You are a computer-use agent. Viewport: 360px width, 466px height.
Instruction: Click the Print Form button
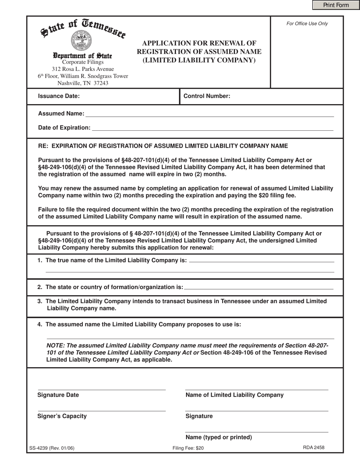click(x=336, y=5)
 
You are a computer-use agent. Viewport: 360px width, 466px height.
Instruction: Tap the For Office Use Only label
click(x=307, y=23)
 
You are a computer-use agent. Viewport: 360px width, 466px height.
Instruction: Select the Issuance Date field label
click(x=59, y=96)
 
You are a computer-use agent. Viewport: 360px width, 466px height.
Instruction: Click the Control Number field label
click(x=207, y=96)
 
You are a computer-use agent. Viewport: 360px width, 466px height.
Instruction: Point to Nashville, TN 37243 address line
click(x=83, y=83)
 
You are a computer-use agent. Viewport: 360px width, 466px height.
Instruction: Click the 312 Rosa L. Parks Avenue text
click(x=83, y=69)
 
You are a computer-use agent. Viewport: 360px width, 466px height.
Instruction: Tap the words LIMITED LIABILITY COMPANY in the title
click(x=199, y=60)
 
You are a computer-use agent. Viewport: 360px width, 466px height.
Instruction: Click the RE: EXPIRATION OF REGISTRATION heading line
click(x=163, y=146)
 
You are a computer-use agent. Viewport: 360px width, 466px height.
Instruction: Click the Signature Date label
click(x=58, y=395)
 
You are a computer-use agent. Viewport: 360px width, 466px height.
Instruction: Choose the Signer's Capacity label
click(x=62, y=416)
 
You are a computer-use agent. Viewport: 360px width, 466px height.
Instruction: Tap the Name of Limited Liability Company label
click(x=234, y=395)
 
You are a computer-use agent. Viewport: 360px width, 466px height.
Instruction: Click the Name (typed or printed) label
click(x=219, y=437)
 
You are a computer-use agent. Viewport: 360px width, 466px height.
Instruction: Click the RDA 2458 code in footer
click(x=313, y=447)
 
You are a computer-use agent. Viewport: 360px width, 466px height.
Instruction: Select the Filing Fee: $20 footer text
click(x=188, y=448)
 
